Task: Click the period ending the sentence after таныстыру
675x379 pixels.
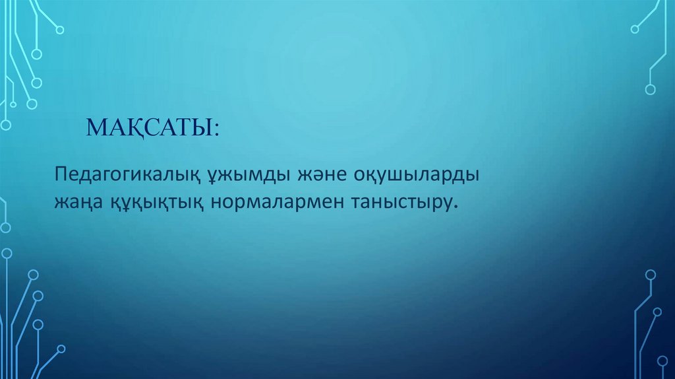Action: pos(455,207)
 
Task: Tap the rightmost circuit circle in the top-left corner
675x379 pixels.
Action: pos(60,30)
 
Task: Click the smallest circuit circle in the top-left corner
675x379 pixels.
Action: pos(12,104)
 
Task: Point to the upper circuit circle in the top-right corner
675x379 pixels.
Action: pos(635,29)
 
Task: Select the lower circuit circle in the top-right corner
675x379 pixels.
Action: pos(651,89)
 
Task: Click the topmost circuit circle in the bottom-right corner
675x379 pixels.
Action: pos(651,274)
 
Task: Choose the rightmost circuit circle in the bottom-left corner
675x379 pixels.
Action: pos(61,348)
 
